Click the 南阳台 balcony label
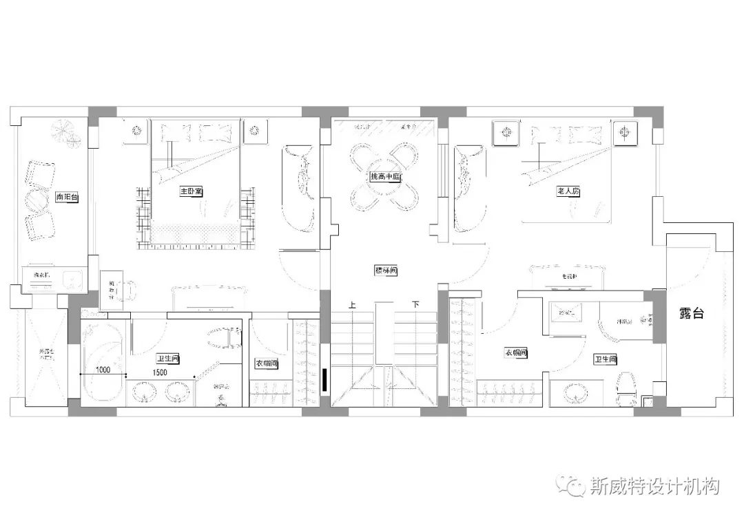coord(68,198)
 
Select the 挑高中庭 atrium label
coord(385,177)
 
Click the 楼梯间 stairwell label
coord(386,271)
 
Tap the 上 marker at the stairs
coord(353,304)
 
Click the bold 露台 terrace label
coord(692,313)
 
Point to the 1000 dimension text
coord(103,370)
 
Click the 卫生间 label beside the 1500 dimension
coord(167,359)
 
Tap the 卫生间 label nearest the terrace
coord(606,359)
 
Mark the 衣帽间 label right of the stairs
coord(515,353)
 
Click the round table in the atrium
coord(385,177)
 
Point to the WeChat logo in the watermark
coord(573,486)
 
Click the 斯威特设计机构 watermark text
coord(655,487)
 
